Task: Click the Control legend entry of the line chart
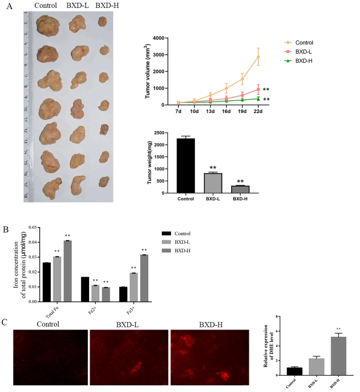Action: pos(304,41)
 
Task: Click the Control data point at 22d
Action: pos(258,57)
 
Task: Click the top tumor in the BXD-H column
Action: pos(102,22)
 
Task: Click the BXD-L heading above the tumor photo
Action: pos(77,6)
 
